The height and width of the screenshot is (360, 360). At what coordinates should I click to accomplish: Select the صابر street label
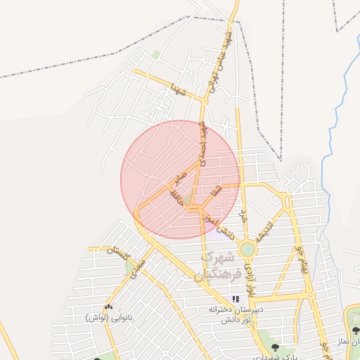[181, 176]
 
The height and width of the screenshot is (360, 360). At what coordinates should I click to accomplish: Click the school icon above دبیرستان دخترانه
[235, 299]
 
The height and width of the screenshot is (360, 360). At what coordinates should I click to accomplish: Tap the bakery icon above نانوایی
[108, 307]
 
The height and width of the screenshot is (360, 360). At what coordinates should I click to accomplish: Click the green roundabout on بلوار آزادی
[247, 249]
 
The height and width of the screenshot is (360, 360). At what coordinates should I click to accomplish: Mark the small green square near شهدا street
[155, 54]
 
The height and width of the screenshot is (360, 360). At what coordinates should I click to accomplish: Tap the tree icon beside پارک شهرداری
[274, 347]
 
